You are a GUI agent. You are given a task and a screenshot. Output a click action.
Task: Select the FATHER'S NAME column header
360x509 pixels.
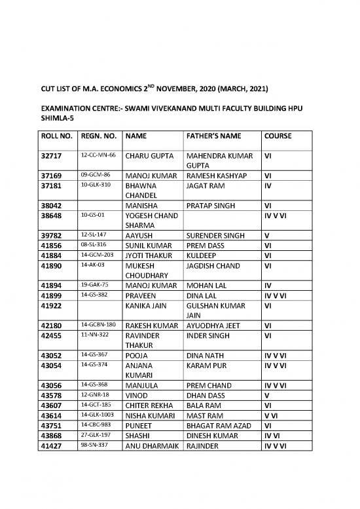(215, 136)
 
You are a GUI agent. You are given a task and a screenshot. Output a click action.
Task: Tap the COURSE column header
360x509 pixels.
(278, 136)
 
